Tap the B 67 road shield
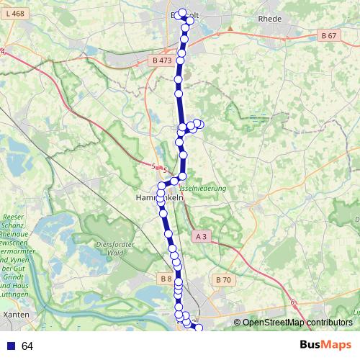[x=328, y=35]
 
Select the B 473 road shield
[x=162, y=60]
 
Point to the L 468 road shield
[x=13, y=14]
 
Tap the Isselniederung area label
[x=203, y=188]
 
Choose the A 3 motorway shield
[x=202, y=235]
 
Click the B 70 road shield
[x=223, y=279]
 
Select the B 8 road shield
[x=166, y=278]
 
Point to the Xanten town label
[x=16, y=315]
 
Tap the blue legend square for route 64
[x=10, y=346]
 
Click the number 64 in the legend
[x=27, y=346]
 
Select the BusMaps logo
[x=325, y=346]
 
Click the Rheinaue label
[x=17, y=233]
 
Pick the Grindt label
[x=15, y=276]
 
